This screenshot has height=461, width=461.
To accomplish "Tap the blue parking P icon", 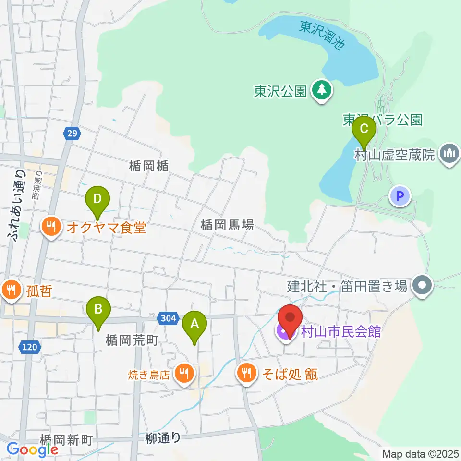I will click(400, 196).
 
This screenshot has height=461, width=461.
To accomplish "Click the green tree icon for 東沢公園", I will click(321, 90).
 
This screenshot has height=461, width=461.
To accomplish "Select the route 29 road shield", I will click(71, 133).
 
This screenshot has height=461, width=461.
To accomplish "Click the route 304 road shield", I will click(166, 317).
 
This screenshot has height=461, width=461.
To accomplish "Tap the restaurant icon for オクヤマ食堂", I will click(50, 227).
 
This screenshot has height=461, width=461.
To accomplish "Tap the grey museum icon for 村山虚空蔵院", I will click(450, 155).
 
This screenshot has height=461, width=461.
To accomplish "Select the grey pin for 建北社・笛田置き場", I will click(423, 286).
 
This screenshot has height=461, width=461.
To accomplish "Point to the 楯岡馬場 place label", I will click(227, 225).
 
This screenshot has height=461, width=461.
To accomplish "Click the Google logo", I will click(32, 449).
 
